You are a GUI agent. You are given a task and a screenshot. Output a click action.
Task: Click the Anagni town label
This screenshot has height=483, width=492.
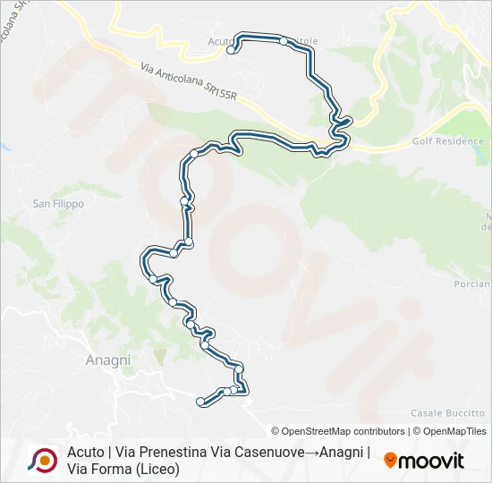(x=107, y=360)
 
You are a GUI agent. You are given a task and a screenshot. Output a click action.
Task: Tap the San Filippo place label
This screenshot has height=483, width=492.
(x=58, y=204)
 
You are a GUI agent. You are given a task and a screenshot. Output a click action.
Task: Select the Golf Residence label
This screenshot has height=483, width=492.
(x=448, y=141)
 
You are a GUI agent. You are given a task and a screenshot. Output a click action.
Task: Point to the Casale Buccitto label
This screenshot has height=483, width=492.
(x=447, y=412)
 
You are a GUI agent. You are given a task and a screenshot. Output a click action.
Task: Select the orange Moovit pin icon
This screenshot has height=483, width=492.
(x=390, y=461)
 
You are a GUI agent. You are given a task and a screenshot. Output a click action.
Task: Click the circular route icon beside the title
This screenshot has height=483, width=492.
(x=42, y=460)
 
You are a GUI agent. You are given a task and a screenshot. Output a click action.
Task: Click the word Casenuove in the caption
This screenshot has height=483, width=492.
(x=267, y=452)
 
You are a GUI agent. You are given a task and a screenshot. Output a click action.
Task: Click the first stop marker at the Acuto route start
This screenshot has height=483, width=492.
(x=231, y=51)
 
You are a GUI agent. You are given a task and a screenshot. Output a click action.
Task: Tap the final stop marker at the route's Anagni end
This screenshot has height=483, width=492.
(x=200, y=402)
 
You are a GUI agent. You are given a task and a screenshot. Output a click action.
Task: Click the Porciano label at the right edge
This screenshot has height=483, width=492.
(x=472, y=284)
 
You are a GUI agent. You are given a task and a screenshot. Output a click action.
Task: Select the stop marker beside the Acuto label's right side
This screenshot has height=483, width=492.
(x=284, y=41)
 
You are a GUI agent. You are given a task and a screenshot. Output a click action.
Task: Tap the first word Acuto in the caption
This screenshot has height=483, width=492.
(x=83, y=452)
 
